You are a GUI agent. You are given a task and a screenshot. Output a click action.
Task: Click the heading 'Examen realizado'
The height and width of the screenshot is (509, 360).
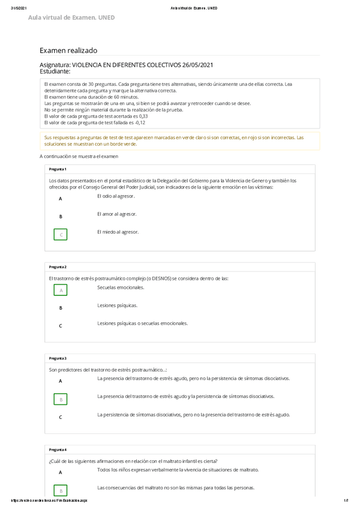[68, 50]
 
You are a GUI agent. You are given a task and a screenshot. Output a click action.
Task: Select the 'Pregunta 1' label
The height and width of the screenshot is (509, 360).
[58, 169]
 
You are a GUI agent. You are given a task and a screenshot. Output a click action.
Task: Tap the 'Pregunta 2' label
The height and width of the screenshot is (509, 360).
[58, 267]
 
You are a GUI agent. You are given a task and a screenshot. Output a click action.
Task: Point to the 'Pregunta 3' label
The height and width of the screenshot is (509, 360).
[58, 358]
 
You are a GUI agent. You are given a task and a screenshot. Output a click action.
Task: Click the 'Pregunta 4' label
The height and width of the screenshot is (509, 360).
[58, 450]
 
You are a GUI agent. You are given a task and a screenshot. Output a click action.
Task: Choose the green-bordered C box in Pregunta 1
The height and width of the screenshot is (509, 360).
[61, 235]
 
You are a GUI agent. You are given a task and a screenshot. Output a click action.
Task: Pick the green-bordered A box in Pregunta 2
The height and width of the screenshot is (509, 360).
[61, 291]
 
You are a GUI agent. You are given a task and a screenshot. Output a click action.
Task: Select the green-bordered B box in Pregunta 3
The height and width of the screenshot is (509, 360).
[61, 399]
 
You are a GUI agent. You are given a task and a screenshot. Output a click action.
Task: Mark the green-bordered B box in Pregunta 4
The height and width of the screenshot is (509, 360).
[61, 490]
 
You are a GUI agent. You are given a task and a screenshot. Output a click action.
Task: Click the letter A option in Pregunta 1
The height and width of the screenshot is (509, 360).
[61, 199]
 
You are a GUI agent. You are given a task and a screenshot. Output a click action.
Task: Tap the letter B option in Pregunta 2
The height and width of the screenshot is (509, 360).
[61, 308]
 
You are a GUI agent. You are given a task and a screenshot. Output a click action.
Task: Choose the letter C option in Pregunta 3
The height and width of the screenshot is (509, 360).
[61, 417]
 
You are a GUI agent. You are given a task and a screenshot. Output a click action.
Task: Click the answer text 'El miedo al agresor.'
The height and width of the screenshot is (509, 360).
[118, 232]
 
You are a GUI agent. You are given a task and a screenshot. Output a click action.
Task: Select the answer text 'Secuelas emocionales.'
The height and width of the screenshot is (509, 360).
[121, 288]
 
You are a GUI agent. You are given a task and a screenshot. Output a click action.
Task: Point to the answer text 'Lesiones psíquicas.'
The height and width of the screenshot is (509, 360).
[117, 305]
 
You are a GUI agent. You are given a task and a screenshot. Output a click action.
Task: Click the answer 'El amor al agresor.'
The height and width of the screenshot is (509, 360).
[116, 214]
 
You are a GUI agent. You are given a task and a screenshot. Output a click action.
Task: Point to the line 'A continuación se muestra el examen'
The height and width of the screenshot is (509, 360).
[79, 157]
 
